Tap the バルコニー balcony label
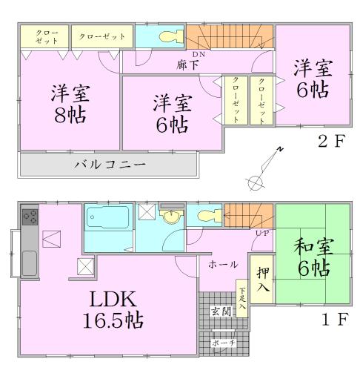(x=110, y=164)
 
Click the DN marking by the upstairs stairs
(x=198, y=54)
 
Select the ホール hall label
(x=223, y=264)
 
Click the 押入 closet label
(x=263, y=280)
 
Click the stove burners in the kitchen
(x=31, y=218)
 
